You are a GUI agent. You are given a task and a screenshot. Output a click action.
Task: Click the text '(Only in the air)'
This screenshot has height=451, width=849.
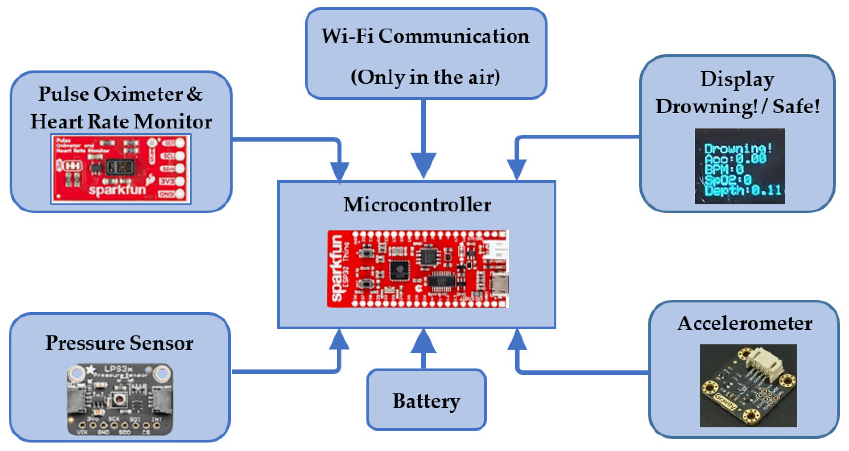click(425, 77)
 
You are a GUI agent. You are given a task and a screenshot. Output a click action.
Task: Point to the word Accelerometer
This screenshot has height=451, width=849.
click(745, 323)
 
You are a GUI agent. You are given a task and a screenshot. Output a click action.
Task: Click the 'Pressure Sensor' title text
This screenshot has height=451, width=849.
click(119, 343)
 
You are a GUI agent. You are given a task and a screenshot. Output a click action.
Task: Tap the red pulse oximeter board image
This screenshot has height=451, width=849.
click(121, 169)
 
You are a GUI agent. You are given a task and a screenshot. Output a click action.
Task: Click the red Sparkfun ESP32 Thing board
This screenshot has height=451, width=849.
click(418, 269)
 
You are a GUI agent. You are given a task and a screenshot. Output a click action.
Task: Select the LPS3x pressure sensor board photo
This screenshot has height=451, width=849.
click(119, 399)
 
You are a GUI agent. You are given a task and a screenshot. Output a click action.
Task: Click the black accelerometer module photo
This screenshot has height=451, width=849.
click(748, 386)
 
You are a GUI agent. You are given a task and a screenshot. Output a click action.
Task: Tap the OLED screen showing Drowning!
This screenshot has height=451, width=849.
click(739, 166)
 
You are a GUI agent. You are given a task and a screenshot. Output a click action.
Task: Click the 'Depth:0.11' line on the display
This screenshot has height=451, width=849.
click(743, 191)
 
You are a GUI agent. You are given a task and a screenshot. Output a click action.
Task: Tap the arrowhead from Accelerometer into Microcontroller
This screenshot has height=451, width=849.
click(517, 339)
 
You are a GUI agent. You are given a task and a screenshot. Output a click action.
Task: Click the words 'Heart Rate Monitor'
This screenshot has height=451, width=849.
click(121, 122)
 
